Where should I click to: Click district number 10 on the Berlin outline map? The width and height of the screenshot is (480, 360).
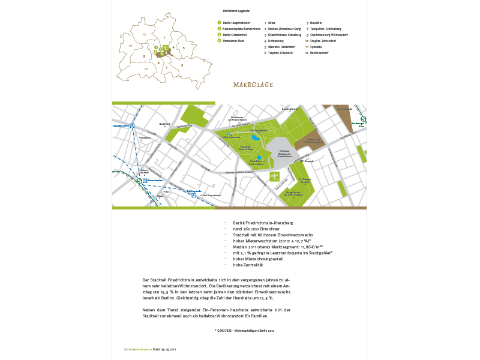(145, 68)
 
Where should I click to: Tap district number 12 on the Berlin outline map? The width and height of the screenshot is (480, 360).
(144, 35)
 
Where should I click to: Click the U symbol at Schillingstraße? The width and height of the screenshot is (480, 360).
(193, 194)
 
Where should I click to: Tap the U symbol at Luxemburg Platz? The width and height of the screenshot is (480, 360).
(132, 126)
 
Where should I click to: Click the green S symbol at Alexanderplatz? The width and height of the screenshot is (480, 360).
(139, 180)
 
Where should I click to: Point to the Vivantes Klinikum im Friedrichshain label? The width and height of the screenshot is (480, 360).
(284, 154)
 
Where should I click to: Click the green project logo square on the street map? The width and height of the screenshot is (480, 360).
(274, 175)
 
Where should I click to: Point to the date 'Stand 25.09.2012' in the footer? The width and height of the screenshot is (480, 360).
(164, 348)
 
